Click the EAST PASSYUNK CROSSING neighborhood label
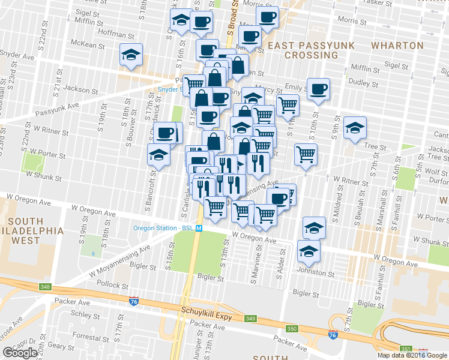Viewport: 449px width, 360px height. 311,50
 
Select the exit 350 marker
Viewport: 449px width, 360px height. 292,329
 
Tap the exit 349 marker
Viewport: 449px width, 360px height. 250,318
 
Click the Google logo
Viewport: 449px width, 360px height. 20,352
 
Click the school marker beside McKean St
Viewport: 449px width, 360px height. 131,55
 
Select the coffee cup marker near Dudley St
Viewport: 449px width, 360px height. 318,90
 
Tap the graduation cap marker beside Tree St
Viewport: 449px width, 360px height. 355,128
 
